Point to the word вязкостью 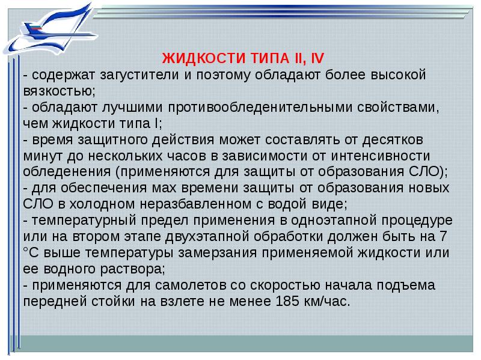(x=58, y=91)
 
